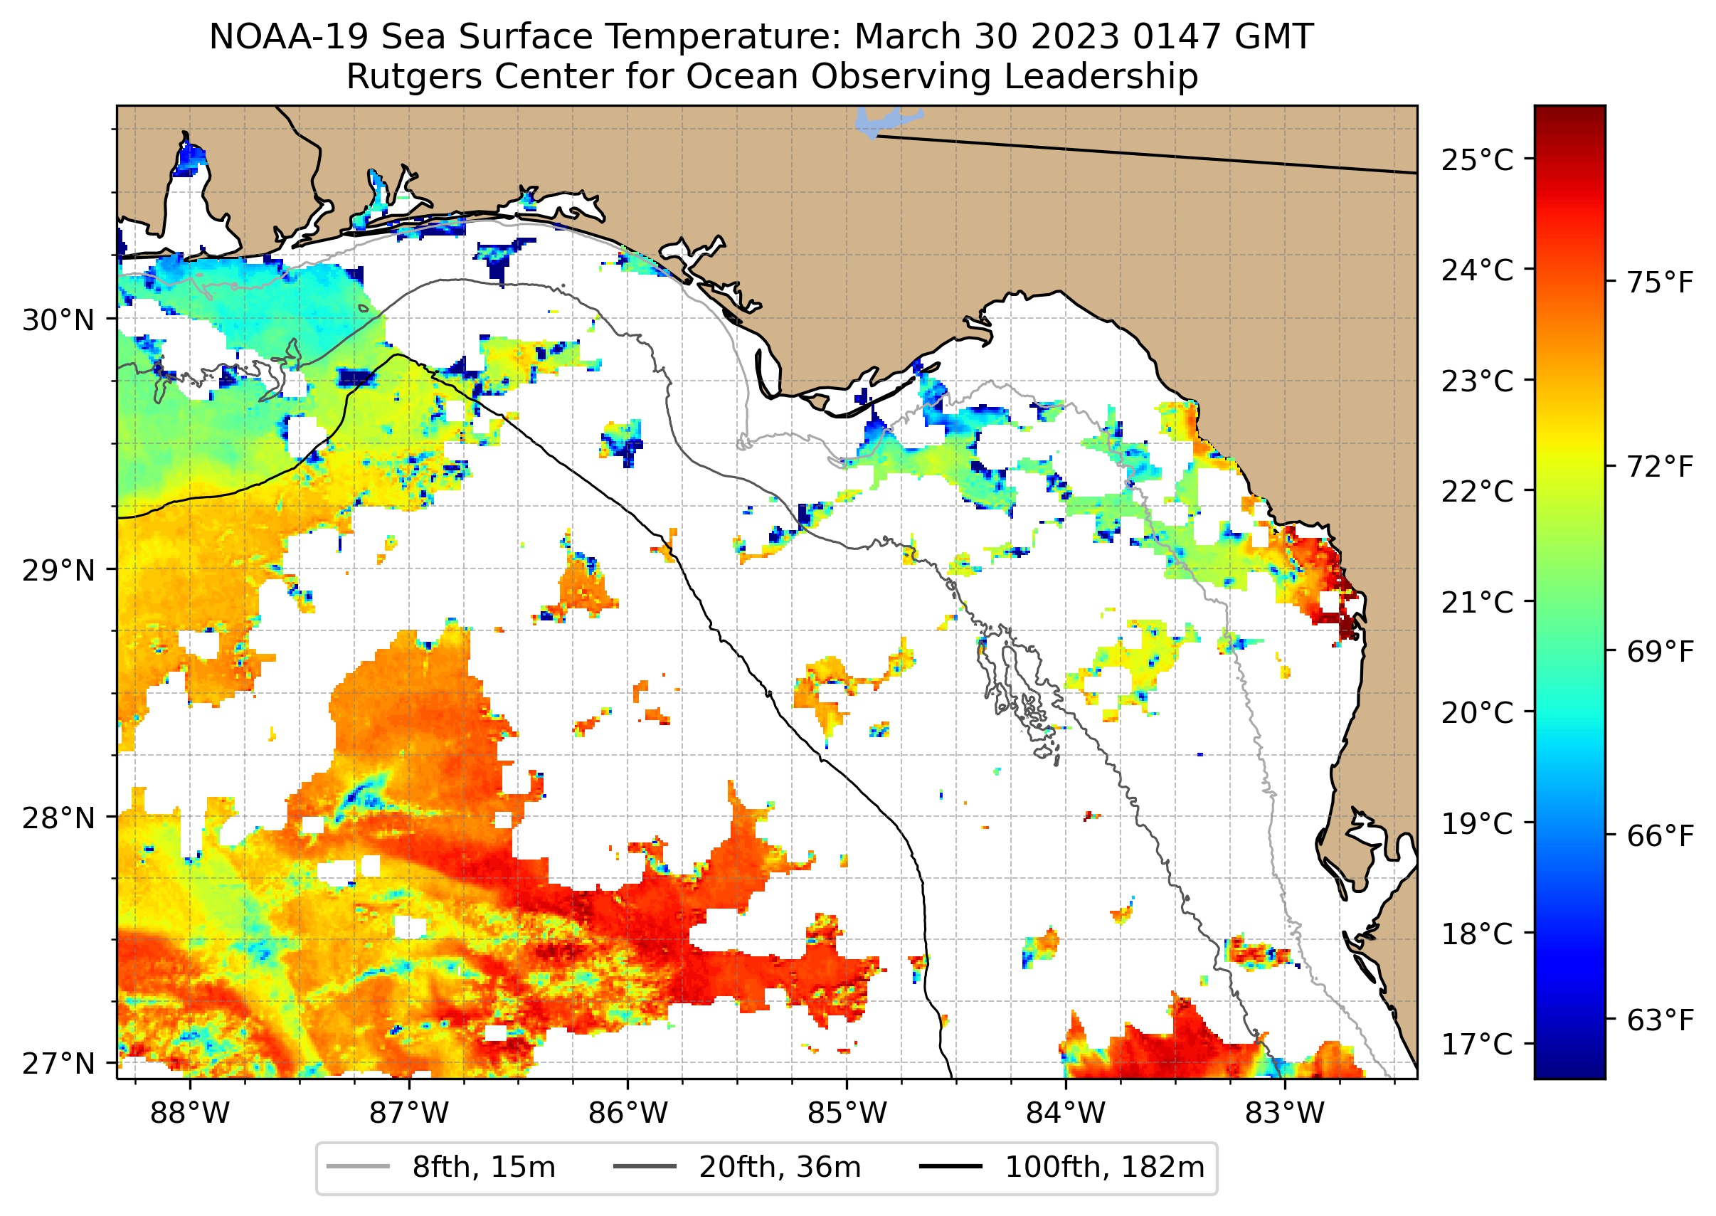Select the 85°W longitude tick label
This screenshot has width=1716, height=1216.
pos(847,1114)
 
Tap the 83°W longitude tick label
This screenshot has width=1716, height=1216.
pos(1285,1114)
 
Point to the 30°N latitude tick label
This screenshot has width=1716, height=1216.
pos(58,320)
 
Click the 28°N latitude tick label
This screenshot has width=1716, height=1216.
pos(58,818)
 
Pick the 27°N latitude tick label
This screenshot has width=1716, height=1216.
pos(58,1063)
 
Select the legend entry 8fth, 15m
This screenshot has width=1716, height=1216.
pos(483,1168)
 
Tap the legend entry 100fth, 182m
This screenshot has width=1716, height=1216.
pos(1104,1168)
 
